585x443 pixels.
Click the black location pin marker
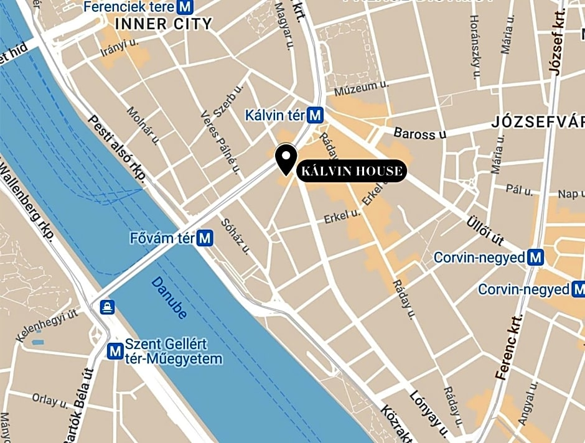pos(286,158)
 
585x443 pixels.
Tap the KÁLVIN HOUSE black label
pos(352,171)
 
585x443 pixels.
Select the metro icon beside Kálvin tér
pos(316,115)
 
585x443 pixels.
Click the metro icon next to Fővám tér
pos(205,238)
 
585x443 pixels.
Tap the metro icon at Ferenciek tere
pos(184,7)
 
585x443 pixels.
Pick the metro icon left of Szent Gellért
pos(115,352)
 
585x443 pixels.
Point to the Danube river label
pos(169,297)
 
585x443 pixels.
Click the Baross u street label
pos(420,133)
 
